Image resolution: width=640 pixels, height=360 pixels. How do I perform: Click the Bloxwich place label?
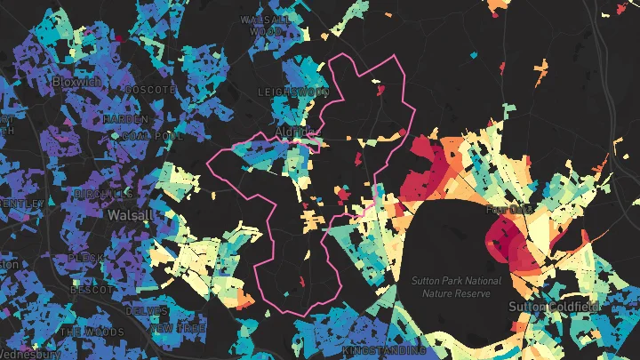pyautogui.click(x=72, y=81)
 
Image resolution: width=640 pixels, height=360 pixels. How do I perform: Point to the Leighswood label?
pyautogui.click(x=293, y=92)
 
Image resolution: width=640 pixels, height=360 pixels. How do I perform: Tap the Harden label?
pyautogui.click(x=125, y=118)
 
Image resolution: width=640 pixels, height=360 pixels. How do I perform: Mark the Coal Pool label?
pyautogui.click(x=147, y=136)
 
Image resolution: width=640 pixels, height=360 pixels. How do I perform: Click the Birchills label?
pyautogui.click(x=104, y=193)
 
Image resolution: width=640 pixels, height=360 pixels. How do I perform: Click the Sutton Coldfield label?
pyautogui.click(x=553, y=306)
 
